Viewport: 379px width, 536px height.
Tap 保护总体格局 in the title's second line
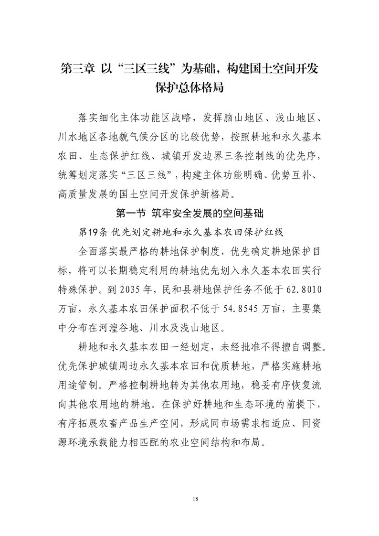[x=189, y=89]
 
